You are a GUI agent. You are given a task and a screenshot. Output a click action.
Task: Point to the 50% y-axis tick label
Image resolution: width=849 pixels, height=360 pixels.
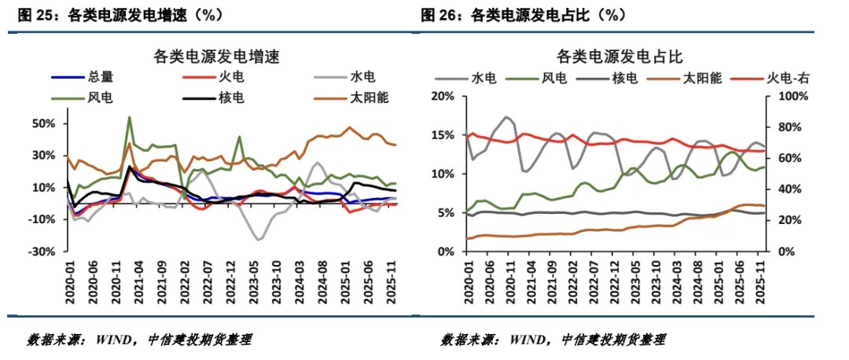(43, 123)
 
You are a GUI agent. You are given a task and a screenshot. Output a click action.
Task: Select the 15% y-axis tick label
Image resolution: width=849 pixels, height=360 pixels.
(443, 134)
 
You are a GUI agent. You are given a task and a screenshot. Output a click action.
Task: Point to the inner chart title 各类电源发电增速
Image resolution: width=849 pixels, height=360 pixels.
(217, 57)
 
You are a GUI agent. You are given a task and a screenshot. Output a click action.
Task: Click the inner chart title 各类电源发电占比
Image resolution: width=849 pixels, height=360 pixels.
(619, 57)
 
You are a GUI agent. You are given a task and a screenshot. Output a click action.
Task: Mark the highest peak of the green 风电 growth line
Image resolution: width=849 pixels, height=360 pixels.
(129, 117)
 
